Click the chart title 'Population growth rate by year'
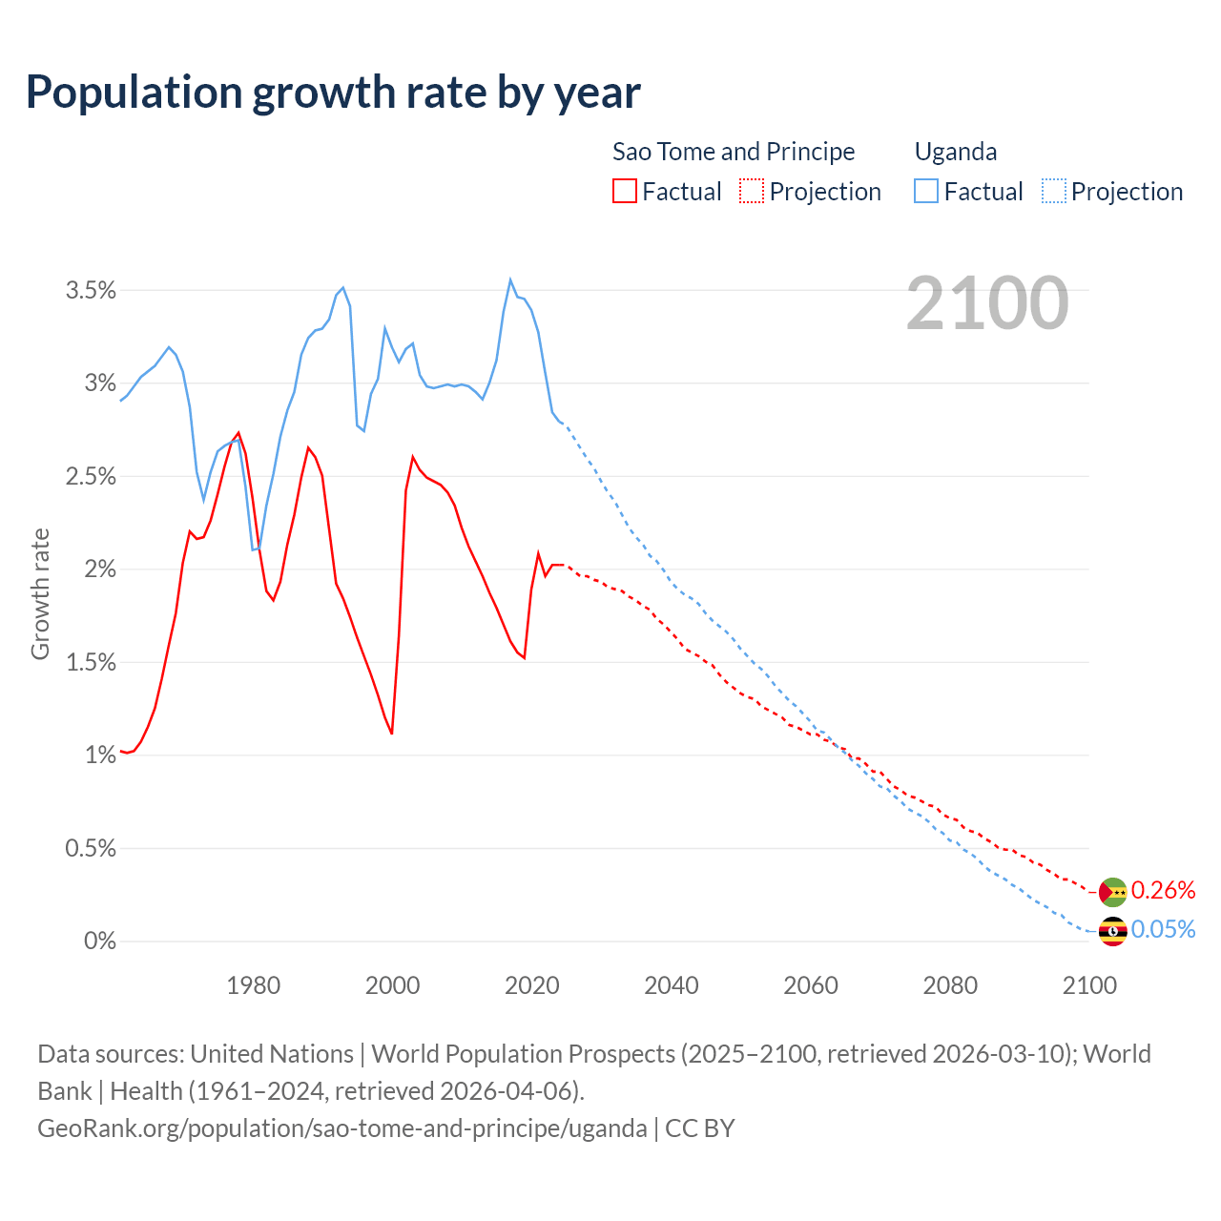(333, 93)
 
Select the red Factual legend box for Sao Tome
(625, 191)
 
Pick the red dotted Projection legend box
(752, 191)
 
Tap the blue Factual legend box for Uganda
(926, 191)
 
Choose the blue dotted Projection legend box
(1054, 191)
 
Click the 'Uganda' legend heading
(956, 152)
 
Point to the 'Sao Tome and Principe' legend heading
(734, 152)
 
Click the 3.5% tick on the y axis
(91, 291)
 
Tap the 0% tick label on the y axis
(99, 942)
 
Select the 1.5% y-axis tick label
(91, 663)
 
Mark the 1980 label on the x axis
(253, 985)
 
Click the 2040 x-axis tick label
(672, 985)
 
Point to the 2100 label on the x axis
(1089, 985)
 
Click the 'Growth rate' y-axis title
(40, 593)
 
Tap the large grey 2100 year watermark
(987, 303)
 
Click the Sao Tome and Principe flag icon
(1113, 892)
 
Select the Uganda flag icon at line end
(1113, 931)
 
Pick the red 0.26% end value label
(1163, 891)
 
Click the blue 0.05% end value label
(1163, 930)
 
